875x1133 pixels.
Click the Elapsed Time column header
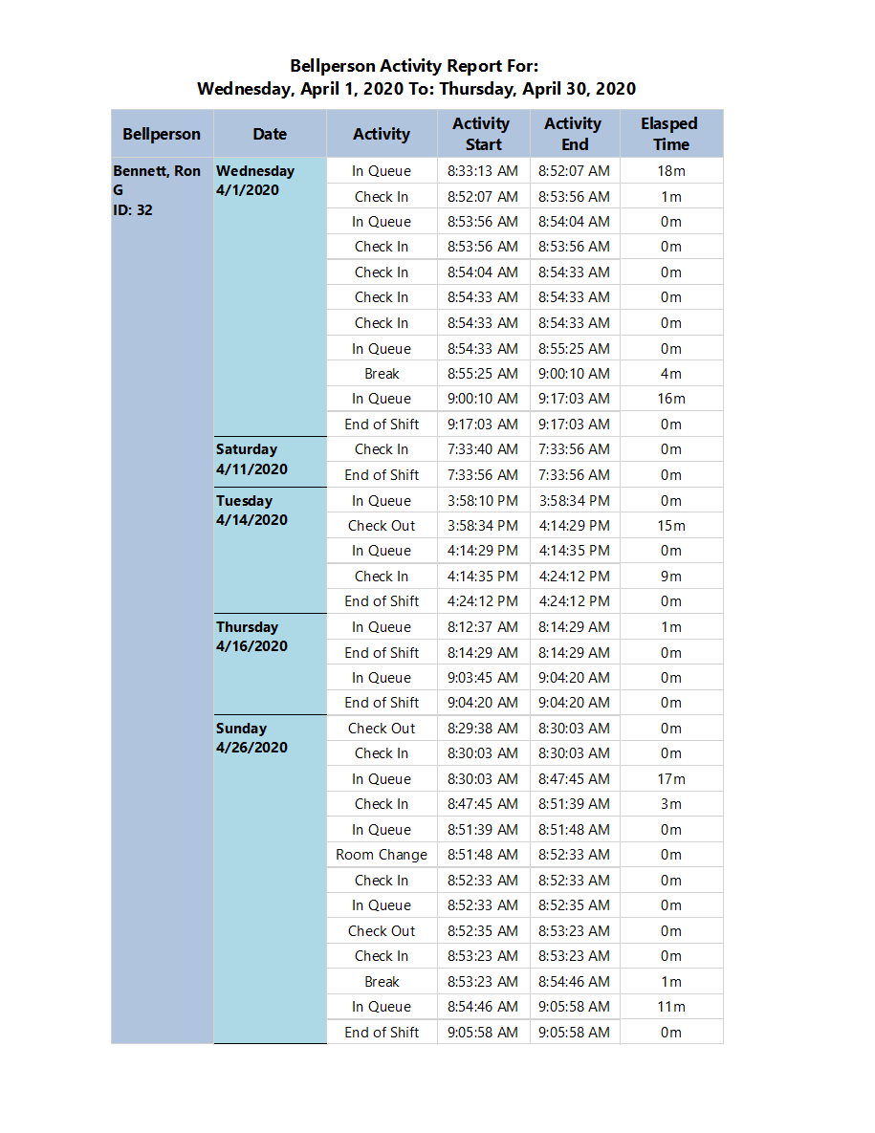pyautogui.click(x=669, y=134)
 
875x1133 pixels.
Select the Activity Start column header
pyautogui.click(x=482, y=134)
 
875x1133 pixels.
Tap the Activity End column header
pyautogui.click(x=574, y=134)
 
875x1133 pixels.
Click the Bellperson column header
pyautogui.click(x=162, y=134)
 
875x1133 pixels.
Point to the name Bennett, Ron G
pyautogui.click(x=157, y=180)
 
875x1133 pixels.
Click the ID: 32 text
pyautogui.click(x=133, y=210)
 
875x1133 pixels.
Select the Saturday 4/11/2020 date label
pyautogui.click(x=251, y=459)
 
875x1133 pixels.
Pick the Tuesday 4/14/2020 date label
pyautogui.click(x=251, y=511)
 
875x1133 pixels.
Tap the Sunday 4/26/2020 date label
pyautogui.click(x=251, y=738)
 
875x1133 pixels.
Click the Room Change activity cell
pyautogui.click(x=382, y=855)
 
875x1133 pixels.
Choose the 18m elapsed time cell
pyautogui.click(x=671, y=171)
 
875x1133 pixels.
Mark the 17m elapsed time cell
pyautogui.click(x=671, y=779)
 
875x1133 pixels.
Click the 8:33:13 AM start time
pyautogui.click(x=483, y=171)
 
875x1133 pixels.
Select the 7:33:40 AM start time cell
pyautogui.click(x=483, y=449)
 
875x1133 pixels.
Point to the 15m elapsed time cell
pyautogui.click(x=671, y=526)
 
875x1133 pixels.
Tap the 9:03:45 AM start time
pyautogui.click(x=483, y=678)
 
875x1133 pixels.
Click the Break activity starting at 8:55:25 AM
pyautogui.click(x=382, y=374)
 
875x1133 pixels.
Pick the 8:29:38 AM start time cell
pyautogui.click(x=483, y=729)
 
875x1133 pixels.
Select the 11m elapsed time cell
pyautogui.click(x=671, y=1007)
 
